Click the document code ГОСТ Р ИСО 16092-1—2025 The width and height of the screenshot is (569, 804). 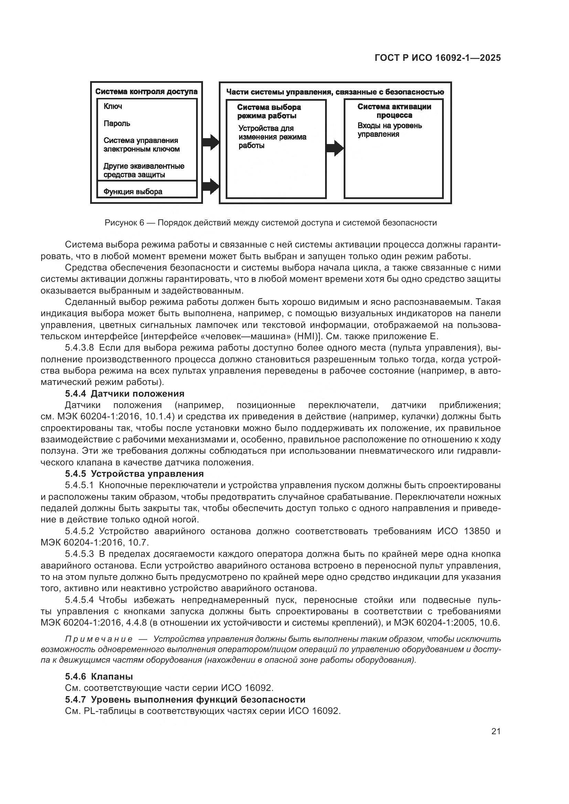pos(437,58)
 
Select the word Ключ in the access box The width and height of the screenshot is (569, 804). pos(113,107)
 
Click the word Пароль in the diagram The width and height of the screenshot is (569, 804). pos(117,124)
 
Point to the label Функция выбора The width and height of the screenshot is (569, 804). pos(133,192)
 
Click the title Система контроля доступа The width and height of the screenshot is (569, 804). pos(146,92)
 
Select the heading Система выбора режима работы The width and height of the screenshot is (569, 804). pos(269,111)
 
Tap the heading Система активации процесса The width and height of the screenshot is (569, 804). pos(394,111)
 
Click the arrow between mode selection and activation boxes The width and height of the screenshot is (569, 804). pos(335,148)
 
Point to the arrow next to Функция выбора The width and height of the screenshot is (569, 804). pos(211,186)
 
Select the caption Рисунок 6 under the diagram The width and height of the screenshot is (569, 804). pos(270,223)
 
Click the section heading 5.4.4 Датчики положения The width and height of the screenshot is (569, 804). pos(125,394)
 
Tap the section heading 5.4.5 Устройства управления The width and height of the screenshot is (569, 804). pos(134,474)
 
